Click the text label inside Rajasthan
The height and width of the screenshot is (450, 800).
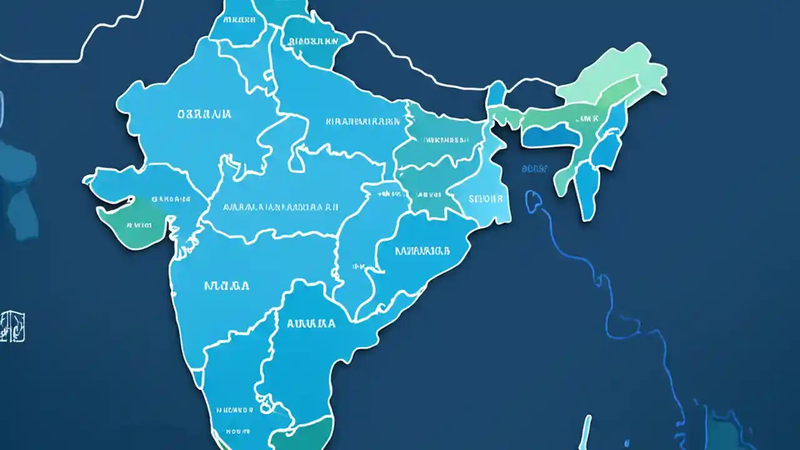tap(204, 114)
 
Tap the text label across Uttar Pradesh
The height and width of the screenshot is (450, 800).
tap(363, 121)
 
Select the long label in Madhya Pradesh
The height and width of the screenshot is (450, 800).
tap(281, 206)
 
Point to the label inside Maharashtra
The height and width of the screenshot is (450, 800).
tap(227, 286)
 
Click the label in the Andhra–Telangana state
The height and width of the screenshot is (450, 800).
tap(311, 324)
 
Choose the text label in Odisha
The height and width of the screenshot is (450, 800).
tap(422, 251)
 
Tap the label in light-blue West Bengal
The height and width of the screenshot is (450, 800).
tap(486, 199)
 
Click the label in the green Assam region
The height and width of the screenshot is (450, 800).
tap(587, 117)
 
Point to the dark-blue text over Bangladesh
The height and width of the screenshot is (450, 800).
tap(534, 169)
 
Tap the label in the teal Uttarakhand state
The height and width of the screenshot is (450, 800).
tap(310, 42)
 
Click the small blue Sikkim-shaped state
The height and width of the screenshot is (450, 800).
tap(496, 94)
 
